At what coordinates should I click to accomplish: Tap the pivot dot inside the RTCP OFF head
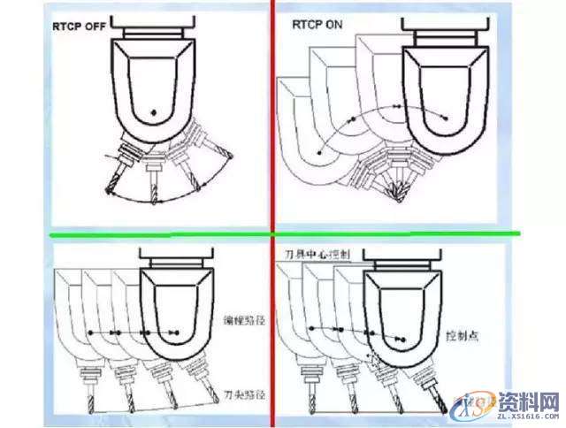(x=153, y=112)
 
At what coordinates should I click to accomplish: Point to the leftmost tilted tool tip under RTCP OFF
(x=110, y=192)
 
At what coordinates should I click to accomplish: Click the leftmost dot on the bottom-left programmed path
(x=89, y=332)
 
